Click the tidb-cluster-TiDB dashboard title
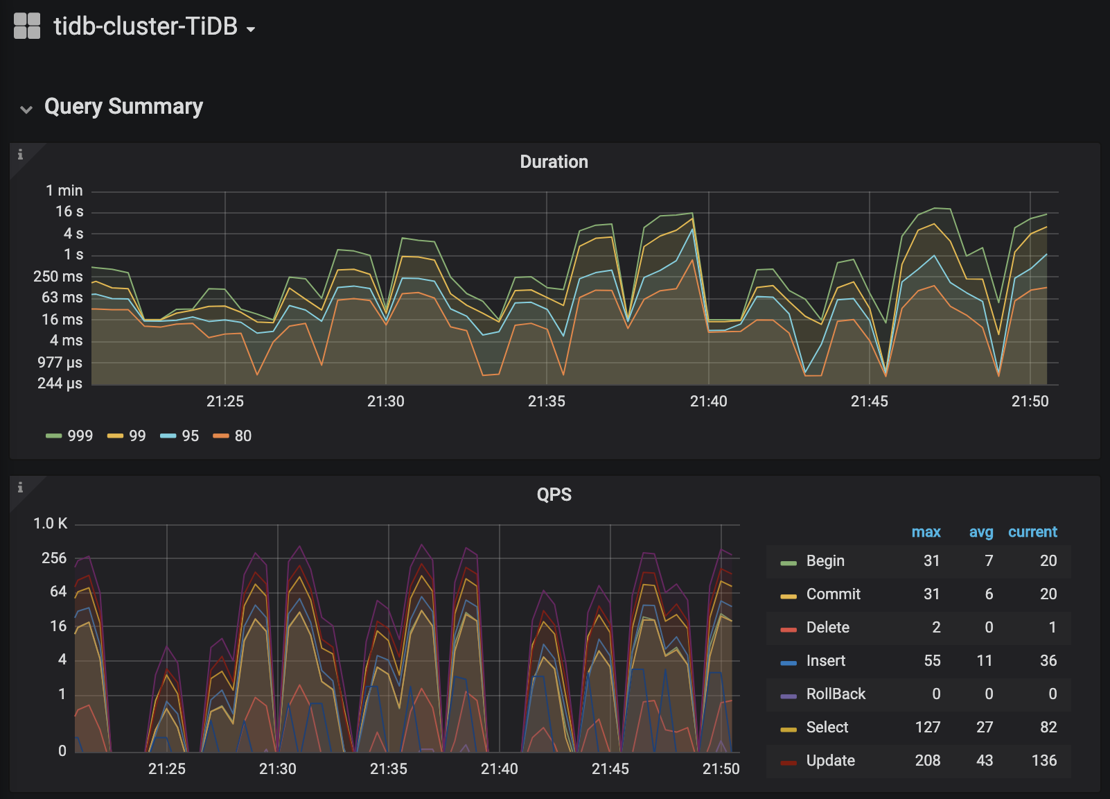(146, 26)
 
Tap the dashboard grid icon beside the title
(27, 26)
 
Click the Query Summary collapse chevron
(26, 109)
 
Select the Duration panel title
(554, 162)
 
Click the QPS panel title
(554, 495)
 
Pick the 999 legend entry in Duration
(69, 436)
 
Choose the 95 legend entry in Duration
(179, 436)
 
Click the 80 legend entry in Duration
(232, 436)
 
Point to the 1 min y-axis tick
(64, 191)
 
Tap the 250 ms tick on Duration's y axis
(58, 276)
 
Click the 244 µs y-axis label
(60, 383)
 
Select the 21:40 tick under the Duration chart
(709, 401)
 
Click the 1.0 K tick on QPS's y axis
(50, 523)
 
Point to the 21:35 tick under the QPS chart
(389, 768)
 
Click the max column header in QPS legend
(926, 532)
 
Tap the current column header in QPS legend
(1032, 532)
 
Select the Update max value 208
(928, 760)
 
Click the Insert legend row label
(825, 660)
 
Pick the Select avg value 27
(985, 727)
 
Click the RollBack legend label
(836, 694)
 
